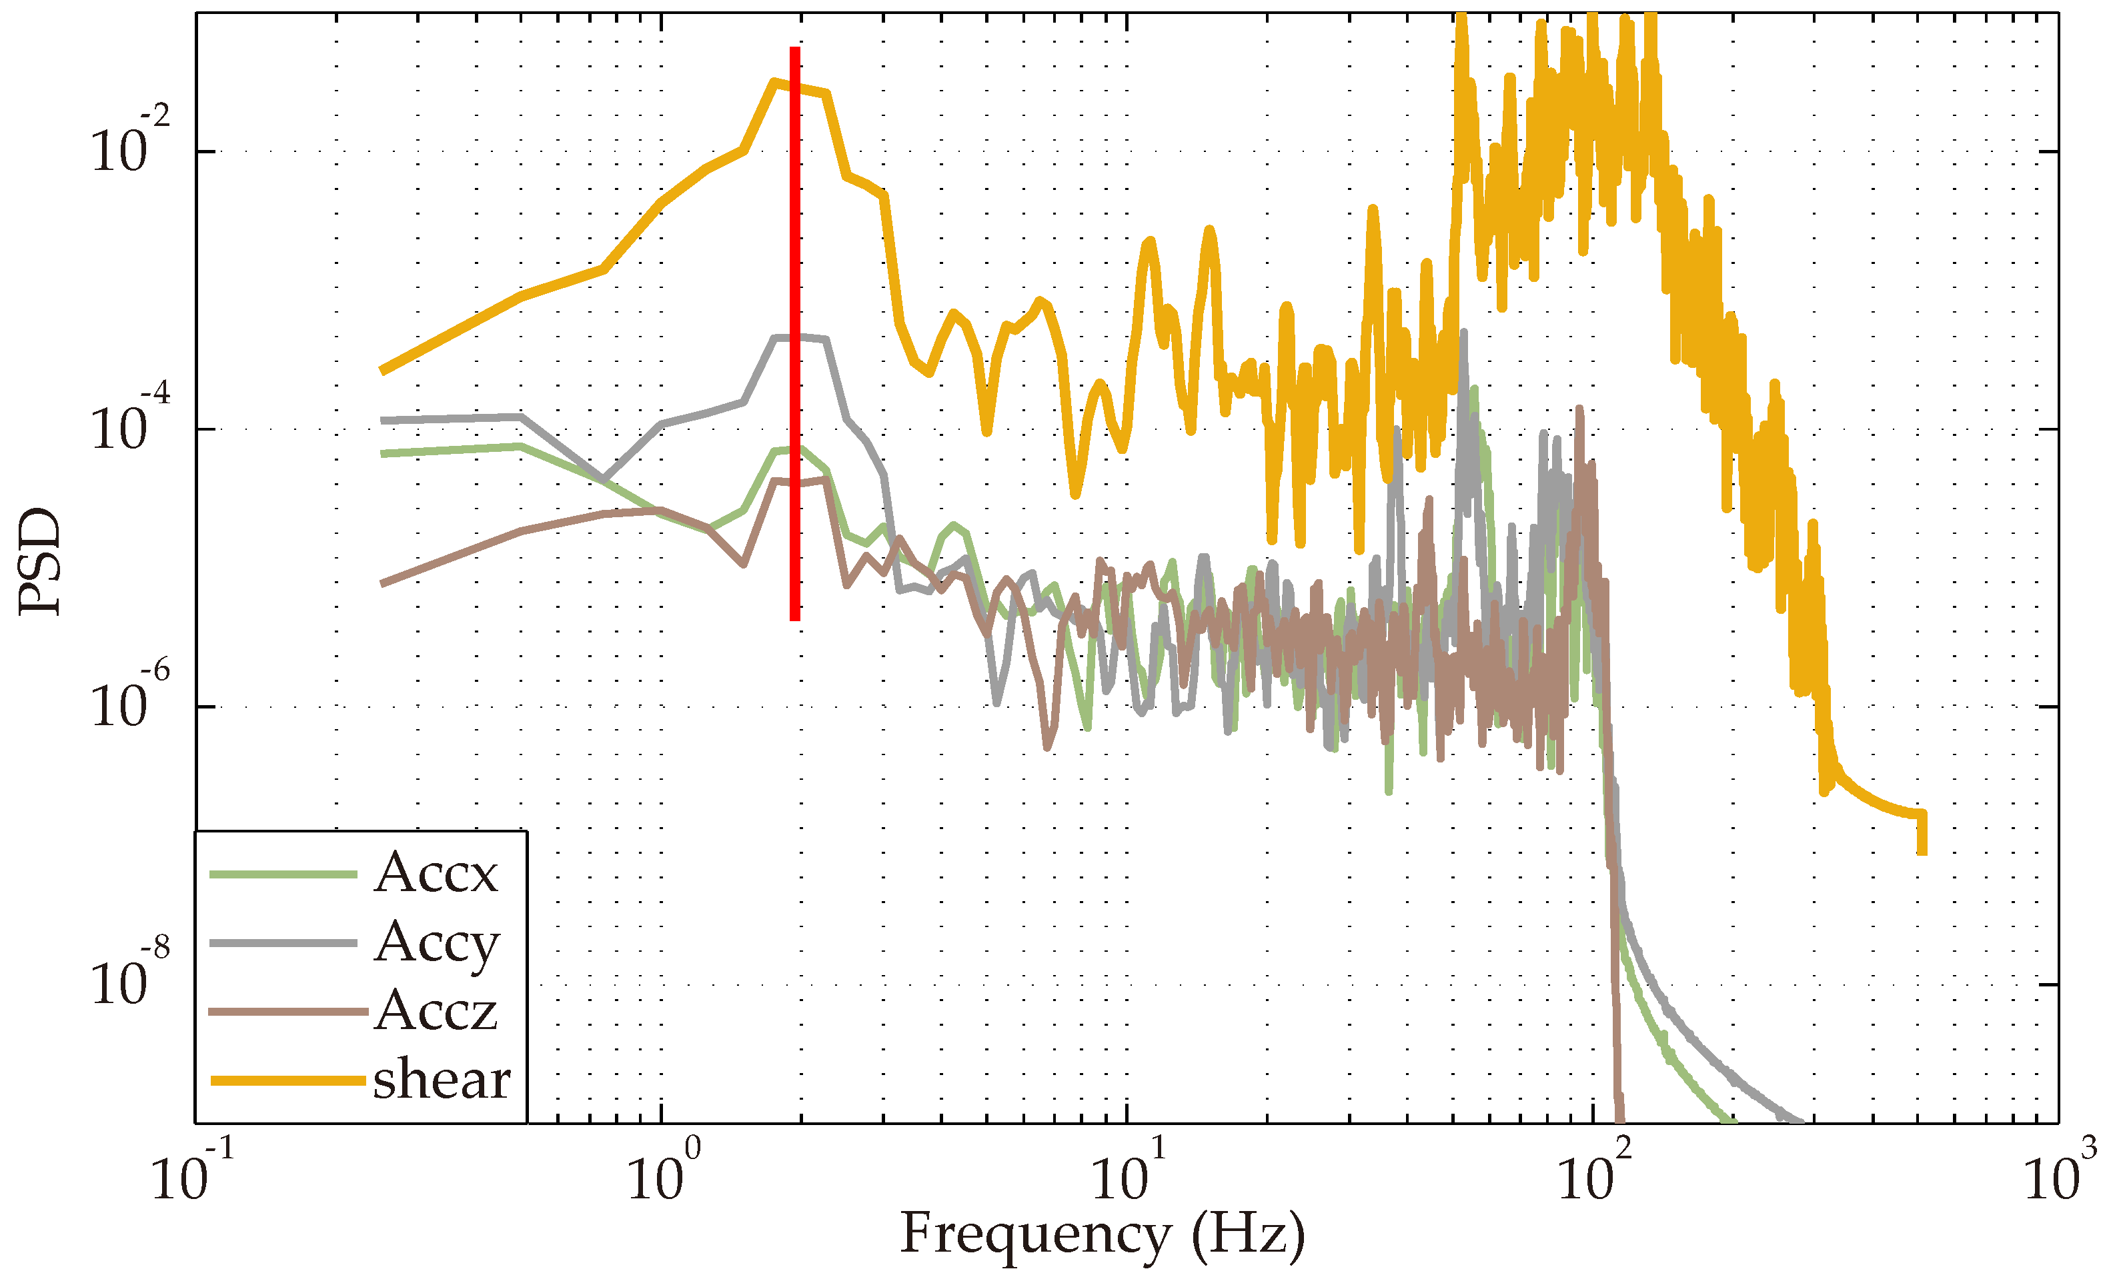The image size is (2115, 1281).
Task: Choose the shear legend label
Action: pos(441,1079)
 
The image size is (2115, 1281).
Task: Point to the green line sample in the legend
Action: pos(283,874)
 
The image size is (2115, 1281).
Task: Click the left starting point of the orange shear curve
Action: pos(383,371)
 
